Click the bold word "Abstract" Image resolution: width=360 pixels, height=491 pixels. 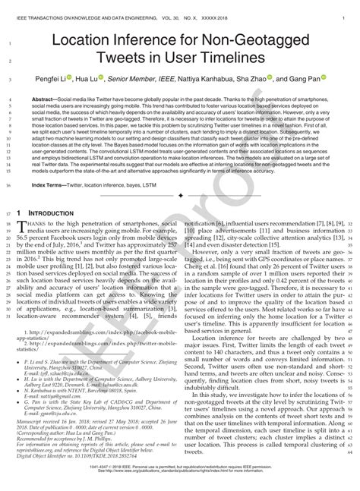[x=62, y=99]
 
